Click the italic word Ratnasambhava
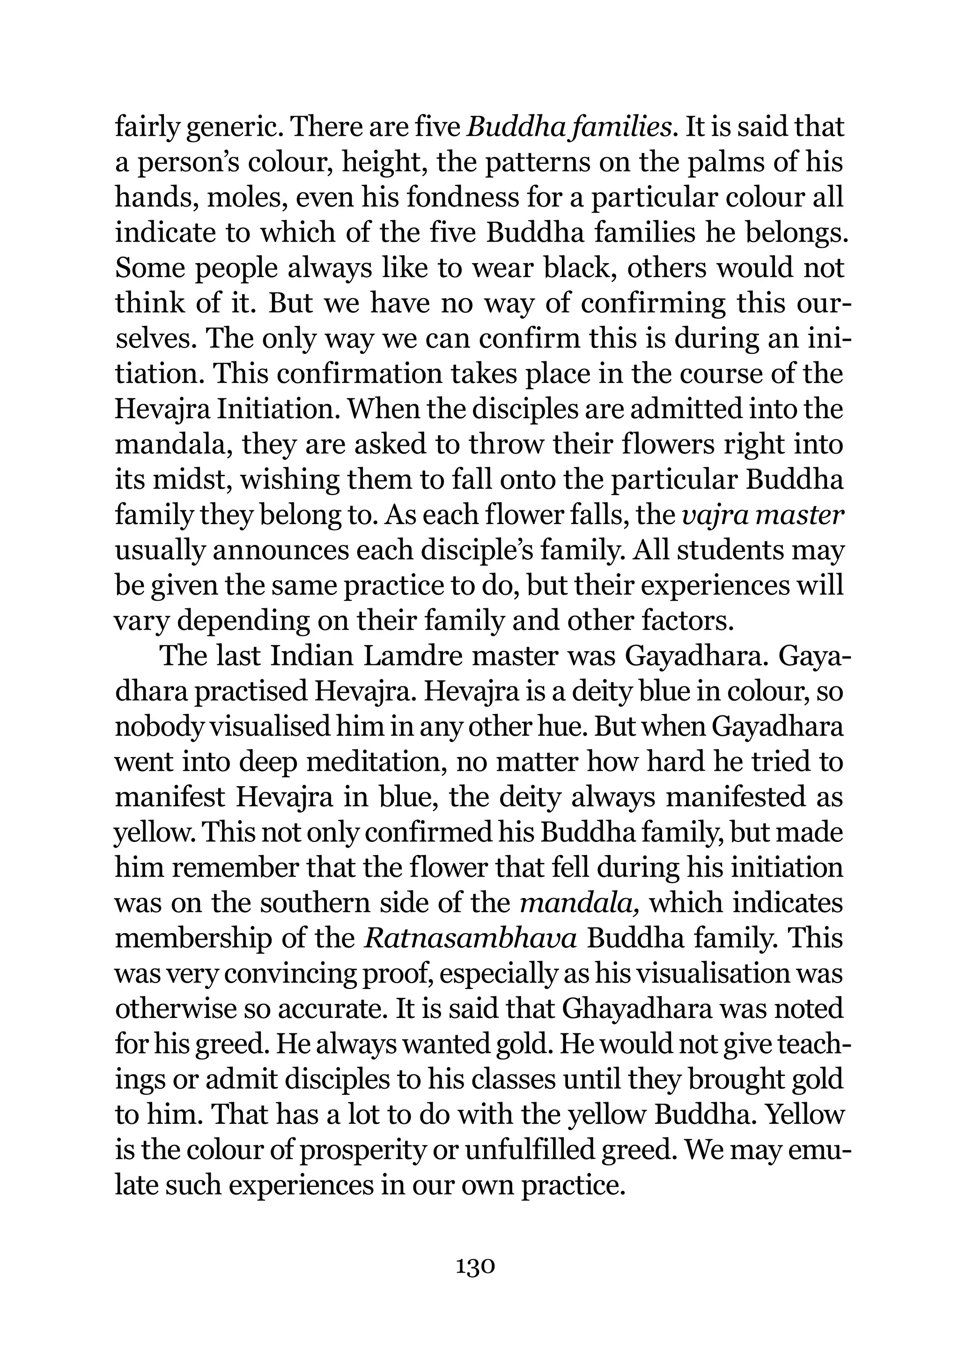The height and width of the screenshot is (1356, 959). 470,938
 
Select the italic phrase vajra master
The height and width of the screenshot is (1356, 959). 762,516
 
